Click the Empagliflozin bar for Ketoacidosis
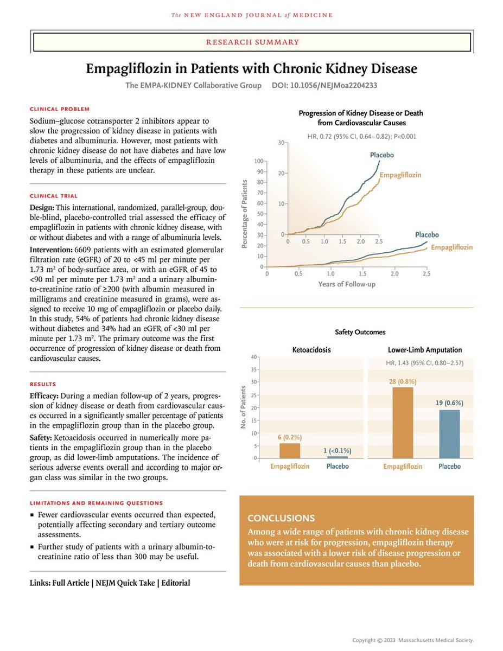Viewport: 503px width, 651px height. point(289,451)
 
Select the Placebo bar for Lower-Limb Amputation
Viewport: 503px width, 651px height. point(449,434)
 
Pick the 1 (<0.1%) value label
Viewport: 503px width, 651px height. point(337,450)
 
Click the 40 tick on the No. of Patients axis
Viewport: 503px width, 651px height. point(253,356)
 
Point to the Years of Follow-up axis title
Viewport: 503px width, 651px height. point(346,284)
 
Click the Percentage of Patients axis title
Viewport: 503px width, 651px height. point(244,214)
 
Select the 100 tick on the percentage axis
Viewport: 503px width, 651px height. point(258,161)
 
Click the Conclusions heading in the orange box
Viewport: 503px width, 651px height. point(281,518)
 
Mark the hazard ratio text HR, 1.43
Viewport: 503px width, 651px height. point(399,362)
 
